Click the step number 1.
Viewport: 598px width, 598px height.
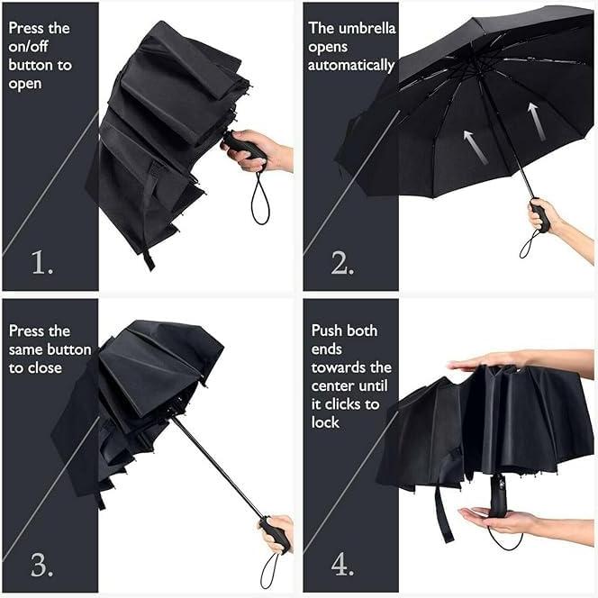[x=42, y=262]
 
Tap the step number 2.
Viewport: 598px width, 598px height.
[x=341, y=262]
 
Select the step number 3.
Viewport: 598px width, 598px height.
[x=42, y=565]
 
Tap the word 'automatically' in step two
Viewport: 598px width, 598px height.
[x=351, y=66]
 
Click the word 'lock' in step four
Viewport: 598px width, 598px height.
[x=325, y=422]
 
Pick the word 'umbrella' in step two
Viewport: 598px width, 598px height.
[x=366, y=28]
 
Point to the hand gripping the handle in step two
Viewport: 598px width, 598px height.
[x=547, y=217]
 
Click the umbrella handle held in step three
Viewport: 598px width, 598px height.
[x=275, y=533]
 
